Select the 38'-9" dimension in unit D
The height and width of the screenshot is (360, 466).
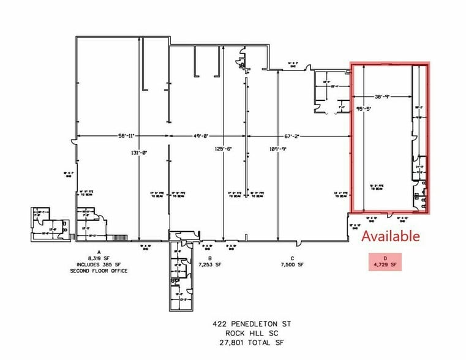pyautogui.click(x=383, y=97)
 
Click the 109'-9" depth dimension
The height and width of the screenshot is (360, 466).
pyautogui.click(x=279, y=148)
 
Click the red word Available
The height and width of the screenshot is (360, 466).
pyautogui.click(x=391, y=236)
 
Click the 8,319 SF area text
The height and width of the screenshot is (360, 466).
pyautogui.click(x=99, y=259)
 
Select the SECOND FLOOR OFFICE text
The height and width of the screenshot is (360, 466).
pyautogui.click(x=99, y=271)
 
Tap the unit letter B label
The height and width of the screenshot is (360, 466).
pyautogui.click(x=210, y=258)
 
